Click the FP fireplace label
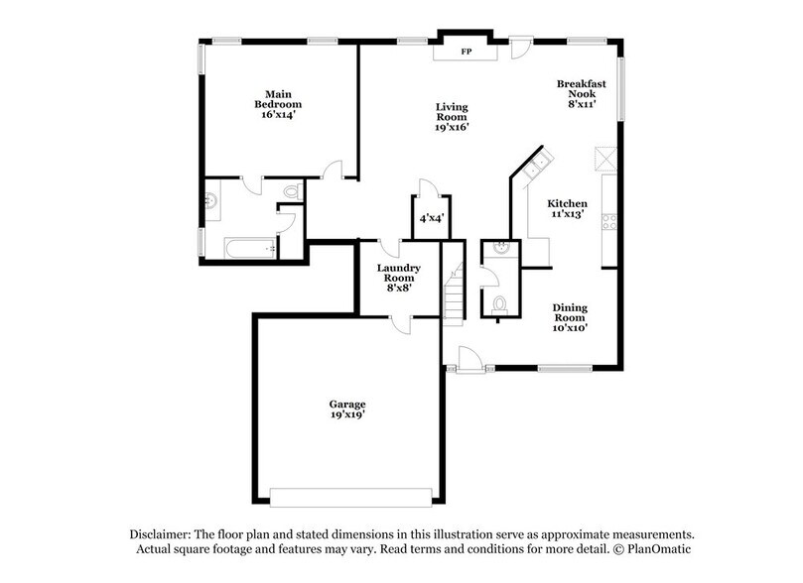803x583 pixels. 467,52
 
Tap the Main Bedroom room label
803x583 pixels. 277,104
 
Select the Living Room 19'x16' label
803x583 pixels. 452,116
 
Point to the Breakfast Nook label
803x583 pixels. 581,93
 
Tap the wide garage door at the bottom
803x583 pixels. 353,496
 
